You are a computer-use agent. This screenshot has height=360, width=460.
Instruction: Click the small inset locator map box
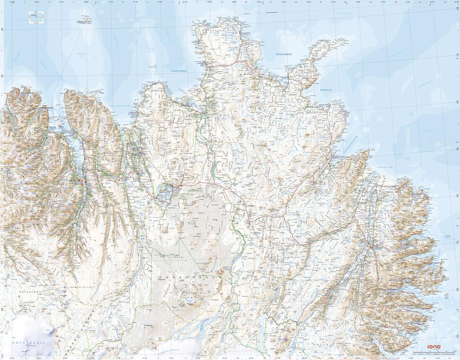pos(35,17)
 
